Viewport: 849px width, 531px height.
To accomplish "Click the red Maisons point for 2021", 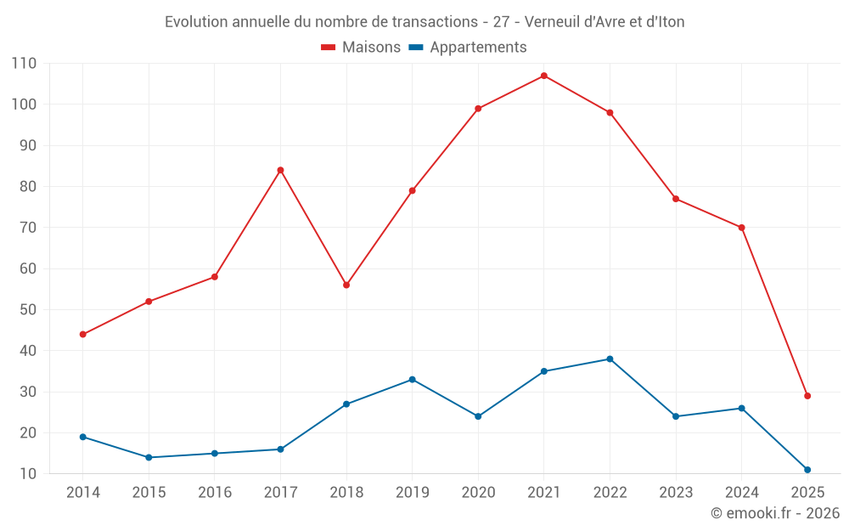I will pos(544,76).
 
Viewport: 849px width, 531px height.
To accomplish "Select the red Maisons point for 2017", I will pos(280,170).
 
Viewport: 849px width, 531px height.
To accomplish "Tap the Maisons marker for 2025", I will pos(807,396).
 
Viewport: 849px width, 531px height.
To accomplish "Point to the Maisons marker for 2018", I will pos(346,285).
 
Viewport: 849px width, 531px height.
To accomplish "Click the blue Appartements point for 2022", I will pos(610,359).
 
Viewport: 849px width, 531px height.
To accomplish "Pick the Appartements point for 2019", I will pos(412,379).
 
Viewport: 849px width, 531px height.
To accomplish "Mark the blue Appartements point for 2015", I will pos(149,457).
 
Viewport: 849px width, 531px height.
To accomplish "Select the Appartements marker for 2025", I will pos(807,470).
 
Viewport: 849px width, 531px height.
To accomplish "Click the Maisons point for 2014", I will pos(82,334).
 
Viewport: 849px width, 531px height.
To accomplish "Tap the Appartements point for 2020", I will pos(478,416).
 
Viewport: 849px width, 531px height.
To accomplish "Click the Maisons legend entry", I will pos(361,48).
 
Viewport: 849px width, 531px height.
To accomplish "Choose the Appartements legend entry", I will pos(468,48).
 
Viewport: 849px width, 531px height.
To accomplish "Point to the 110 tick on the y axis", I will pos(25,63).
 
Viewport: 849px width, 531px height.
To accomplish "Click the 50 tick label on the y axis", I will pos(28,309).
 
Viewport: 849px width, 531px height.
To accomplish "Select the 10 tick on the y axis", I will pos(28,473).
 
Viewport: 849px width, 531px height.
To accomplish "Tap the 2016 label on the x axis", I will pos(214,493).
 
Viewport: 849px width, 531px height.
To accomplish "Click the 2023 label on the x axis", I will pos(676,493).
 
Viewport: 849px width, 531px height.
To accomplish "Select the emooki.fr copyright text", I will pos(775,513).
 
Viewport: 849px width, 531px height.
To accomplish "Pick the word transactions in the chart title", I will pos(436,21).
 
